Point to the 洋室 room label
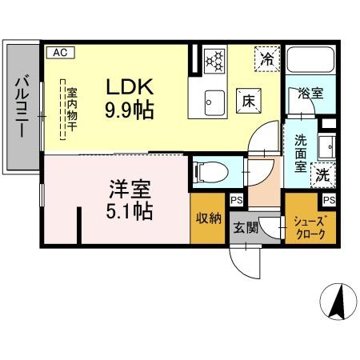point(130,191)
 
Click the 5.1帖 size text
point(130,213)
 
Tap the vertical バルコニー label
point(22,108)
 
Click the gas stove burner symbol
point(214,60)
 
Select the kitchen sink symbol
point(214,102)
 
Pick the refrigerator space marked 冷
point(266,58)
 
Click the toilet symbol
point(209,171)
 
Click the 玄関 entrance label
point(246,226)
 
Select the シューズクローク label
point(310,228)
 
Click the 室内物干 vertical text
point(71,112)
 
